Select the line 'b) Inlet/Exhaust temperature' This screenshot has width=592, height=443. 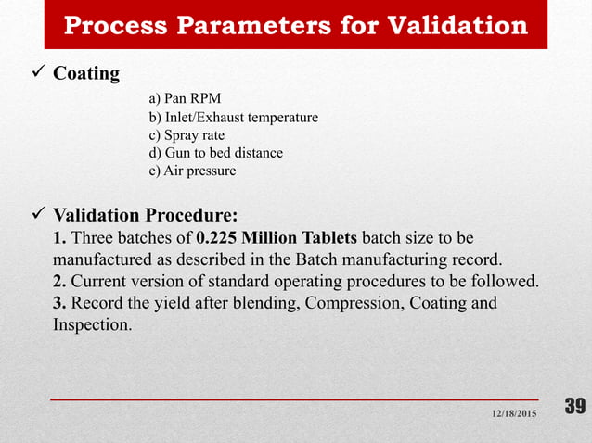pyautogui.click(x=233, y=118)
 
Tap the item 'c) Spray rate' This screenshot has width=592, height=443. pyautogui.click(x=187, y=135)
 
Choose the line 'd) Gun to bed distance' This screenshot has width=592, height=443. pyautogui.click(x=215, y=153)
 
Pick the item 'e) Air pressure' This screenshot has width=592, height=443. pyautogui.click(x=192, y=171)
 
